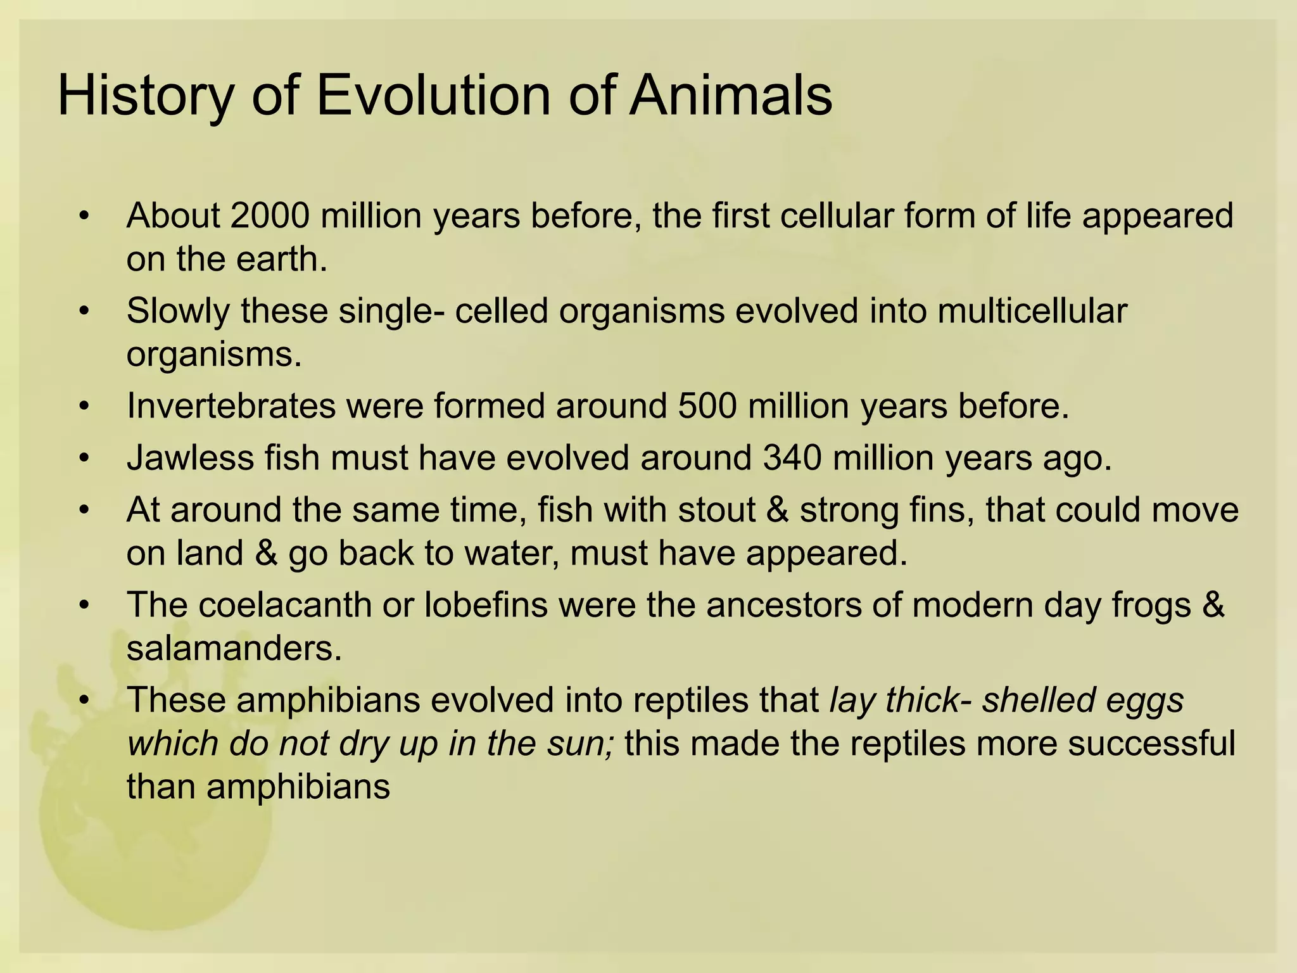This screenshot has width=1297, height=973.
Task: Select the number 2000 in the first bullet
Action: pos(270,215)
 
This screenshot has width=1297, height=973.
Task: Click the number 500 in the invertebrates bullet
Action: pos(707,405)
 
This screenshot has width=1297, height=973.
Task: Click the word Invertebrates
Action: pos(231,405)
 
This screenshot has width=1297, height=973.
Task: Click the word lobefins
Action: pos(486,604)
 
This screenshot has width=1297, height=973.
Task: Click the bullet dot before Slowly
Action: pos(84,312)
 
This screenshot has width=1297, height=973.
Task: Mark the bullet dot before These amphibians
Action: pos(84,701)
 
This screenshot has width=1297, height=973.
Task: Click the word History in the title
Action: pos(145,96)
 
